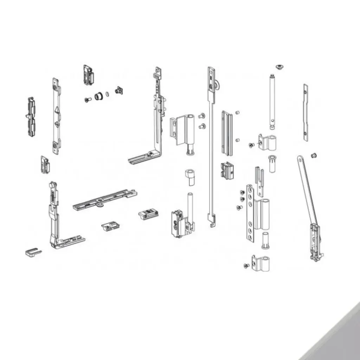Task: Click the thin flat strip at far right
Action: point(306,112)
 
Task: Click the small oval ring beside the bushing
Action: point(107,94)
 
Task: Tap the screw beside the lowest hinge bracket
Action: point(246,266)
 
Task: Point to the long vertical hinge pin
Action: point(272,102)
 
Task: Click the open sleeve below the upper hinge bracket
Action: point(272,163)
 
